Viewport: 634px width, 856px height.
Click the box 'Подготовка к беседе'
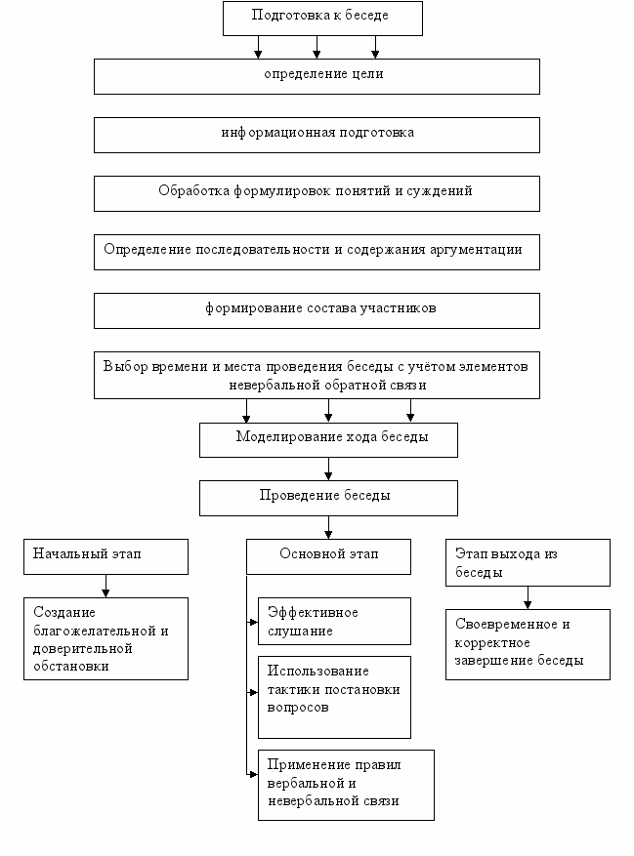point(322,19)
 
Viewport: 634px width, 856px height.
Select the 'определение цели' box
point(317,76)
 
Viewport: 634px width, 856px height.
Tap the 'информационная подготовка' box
point(317,135)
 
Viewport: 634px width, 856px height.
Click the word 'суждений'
point(440,191)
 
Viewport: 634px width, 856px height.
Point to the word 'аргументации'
point(476,250)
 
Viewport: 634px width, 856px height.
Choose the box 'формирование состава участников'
point(317,310)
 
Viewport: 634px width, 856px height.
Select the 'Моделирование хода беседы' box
point(328,440)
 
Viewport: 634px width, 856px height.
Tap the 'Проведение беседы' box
point(328,498)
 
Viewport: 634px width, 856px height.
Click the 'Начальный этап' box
point(106,556)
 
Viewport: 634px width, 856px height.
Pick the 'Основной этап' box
point(328,556)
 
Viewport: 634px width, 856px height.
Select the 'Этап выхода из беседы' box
point(528,563)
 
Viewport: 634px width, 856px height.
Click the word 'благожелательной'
point(95,632)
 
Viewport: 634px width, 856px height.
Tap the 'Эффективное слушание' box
point(334,621)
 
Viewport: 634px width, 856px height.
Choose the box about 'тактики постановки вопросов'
point(334,697)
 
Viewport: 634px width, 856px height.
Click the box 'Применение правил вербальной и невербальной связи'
point(346,785)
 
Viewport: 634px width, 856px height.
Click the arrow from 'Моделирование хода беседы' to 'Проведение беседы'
point(328,469)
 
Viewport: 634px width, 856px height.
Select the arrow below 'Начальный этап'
point(106,586)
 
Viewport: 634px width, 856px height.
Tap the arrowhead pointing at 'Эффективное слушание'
point(254,622)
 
